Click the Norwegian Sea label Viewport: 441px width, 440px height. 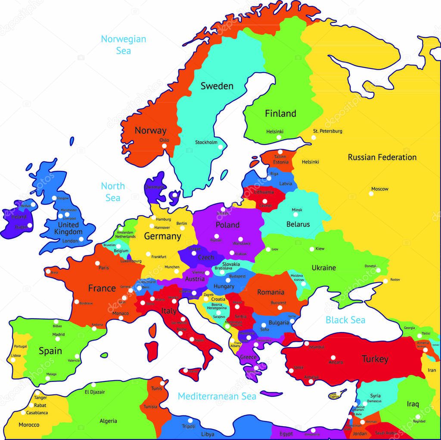click(123, 45)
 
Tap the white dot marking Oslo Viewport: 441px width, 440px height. click(164, 146)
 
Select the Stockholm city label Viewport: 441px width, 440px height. click(206, 142)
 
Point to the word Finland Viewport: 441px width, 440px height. click(280, 114)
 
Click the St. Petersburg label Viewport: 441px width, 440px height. click(327, 131)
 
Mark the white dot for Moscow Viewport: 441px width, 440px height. click(371, 194)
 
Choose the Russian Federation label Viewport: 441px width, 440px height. click(382, 157)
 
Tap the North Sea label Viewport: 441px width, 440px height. click(113, 192)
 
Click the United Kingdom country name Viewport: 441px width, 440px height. click(68, 228)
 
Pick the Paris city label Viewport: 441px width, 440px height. click(103, 268)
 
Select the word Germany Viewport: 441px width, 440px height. click(162, 236)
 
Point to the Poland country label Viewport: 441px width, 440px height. click(227, 225)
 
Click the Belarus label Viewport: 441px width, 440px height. click(298, 224)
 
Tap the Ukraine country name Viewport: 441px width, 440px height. click(323, 268)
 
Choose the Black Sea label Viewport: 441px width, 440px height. click(345, 320)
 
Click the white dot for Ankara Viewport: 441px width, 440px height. click(333, 357)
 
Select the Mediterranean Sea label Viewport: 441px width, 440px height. click(217, 396)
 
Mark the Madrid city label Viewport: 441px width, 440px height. click(59, 334)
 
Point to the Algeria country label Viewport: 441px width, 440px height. click(108, 421)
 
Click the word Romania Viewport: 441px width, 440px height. click(270, 292)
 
